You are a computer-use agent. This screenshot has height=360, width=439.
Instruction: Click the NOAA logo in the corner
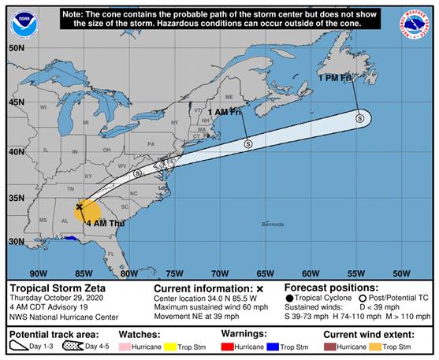pos(24,24)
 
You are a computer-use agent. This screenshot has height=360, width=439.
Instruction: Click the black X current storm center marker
pos(79,206)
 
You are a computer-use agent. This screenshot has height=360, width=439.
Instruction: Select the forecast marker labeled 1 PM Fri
pos(359,118)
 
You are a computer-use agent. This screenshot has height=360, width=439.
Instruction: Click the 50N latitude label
pos(17,47)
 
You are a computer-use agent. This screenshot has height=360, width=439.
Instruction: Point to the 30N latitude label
pos(17,241)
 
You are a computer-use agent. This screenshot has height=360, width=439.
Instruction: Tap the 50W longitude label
pos(401,273)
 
